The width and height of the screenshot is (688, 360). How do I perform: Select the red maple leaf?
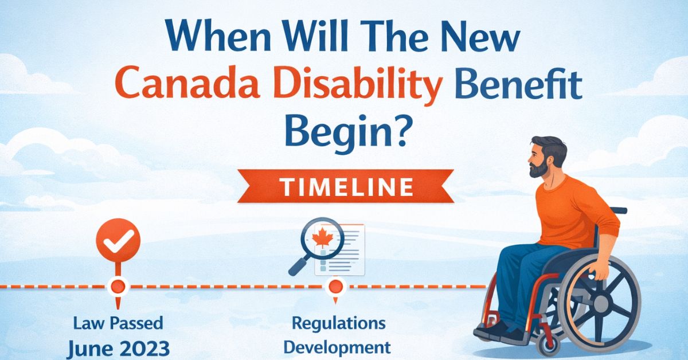[323, 237]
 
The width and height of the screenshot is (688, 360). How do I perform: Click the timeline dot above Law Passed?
[118, 285]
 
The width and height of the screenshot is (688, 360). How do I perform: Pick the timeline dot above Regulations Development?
[335, 285]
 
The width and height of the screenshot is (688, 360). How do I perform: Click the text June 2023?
[118, 348]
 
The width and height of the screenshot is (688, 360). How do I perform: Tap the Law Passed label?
[118, 323]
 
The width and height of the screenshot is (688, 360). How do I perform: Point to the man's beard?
[539, 168]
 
